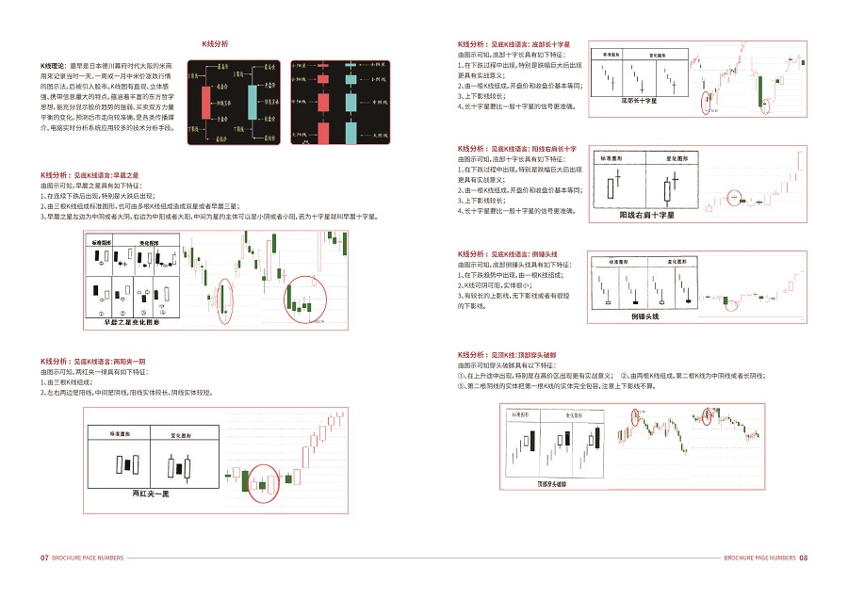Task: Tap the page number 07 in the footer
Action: click(43, 558)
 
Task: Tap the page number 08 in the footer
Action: click(804, 558)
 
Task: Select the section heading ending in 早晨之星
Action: click(90, 175)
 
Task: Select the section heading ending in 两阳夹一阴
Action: click(92, 362)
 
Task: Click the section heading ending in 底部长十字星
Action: click(513, 44)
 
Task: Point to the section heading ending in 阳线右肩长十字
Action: click(515, 149)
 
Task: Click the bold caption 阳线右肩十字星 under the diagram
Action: click(646, 216)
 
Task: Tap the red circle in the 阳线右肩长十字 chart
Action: click(736, 199)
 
